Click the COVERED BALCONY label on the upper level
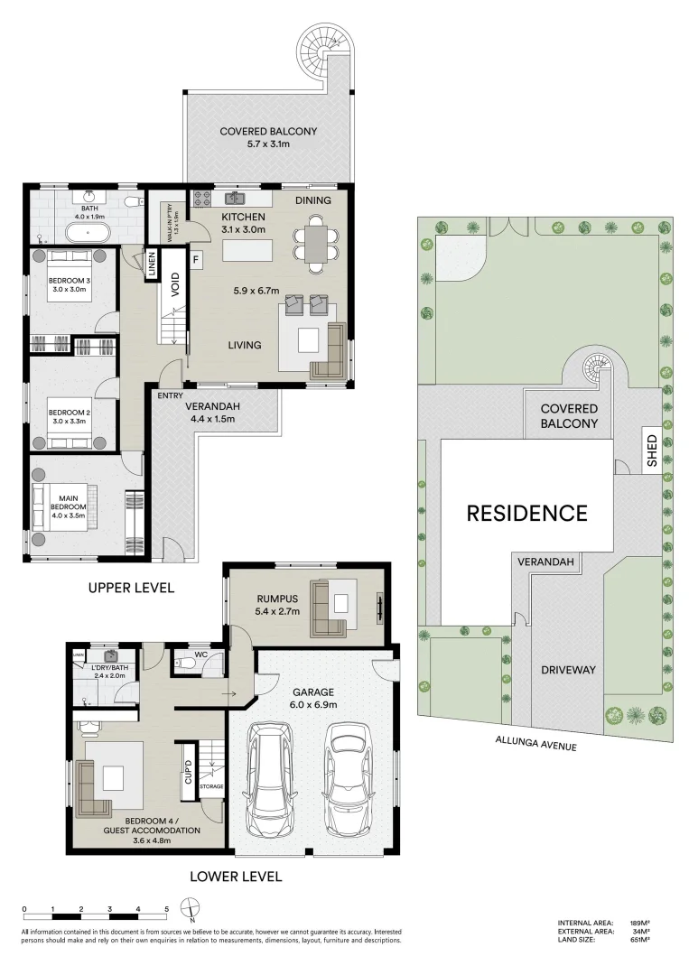click(268, 132)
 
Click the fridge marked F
click(196, 259)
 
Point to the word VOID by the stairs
click(174, 283)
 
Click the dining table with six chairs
click(316, 243)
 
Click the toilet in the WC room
click(186, 664)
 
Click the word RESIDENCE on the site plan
click(526, 514)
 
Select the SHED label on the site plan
click(652, 451)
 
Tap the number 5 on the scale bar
click(166, 909)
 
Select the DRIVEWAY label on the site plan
click(568, 670)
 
